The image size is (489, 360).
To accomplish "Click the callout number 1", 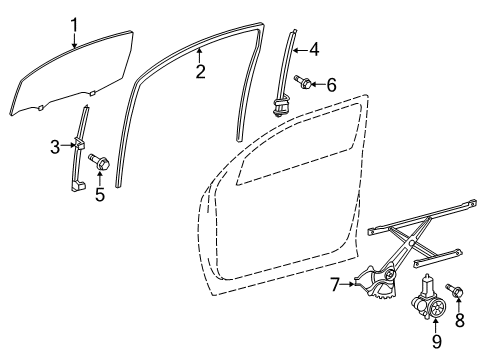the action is point(74,25).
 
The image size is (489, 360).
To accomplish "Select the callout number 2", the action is point(200,72).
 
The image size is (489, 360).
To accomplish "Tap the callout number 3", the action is point(56,147).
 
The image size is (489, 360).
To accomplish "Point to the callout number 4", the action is point(314,50).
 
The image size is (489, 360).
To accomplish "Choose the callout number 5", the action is point(100,194).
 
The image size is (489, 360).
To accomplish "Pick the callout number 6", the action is point(331,85).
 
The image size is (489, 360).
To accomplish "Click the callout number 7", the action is point(336,285).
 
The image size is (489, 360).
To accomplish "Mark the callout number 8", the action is point(460,320).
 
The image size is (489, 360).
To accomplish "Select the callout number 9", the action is point(436,342).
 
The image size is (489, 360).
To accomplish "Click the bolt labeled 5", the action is point(99,162).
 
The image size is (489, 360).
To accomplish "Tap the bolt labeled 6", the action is point(303,82).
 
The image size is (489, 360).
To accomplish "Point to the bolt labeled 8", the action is point(454,290).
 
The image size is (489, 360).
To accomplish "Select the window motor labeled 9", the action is point(429,298).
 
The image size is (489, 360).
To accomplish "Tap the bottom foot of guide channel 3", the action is point(78,186).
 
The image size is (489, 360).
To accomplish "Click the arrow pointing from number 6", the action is point(318,84).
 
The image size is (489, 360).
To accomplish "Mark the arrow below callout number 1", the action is point(74,40).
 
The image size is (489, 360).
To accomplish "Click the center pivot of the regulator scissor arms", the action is point(412,243).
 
